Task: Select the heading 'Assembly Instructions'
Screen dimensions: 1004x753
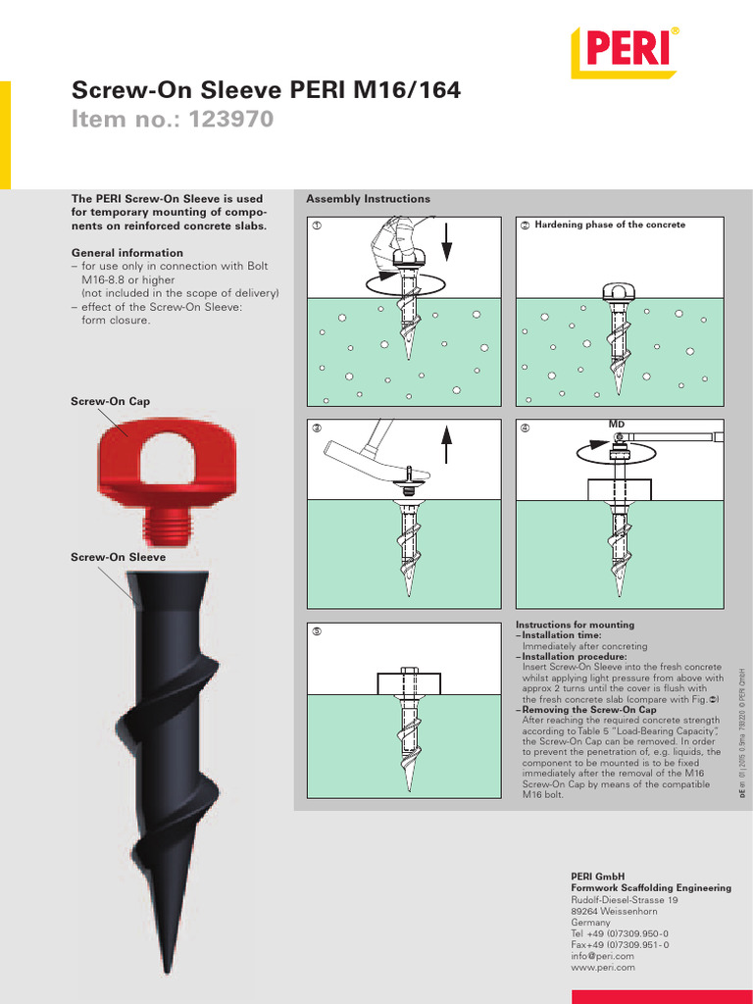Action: [368, 199]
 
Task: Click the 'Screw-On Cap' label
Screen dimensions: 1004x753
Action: [110, 402]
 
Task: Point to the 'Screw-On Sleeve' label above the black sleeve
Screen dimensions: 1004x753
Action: [118, 557]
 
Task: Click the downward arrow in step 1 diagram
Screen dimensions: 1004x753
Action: [447, 245]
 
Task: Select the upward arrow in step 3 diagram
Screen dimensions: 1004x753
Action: [447, 448]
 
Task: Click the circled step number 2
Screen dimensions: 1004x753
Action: [525, 226]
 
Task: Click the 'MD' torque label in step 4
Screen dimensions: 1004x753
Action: [617, 424]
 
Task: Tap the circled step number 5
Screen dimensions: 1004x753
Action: [317, 630]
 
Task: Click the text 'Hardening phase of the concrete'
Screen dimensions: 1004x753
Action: [610, 226]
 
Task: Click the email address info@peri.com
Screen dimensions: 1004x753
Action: [602, 956]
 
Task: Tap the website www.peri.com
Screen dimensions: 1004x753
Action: [602, 967]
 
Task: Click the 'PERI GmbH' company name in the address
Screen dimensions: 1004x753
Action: [597, 876]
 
